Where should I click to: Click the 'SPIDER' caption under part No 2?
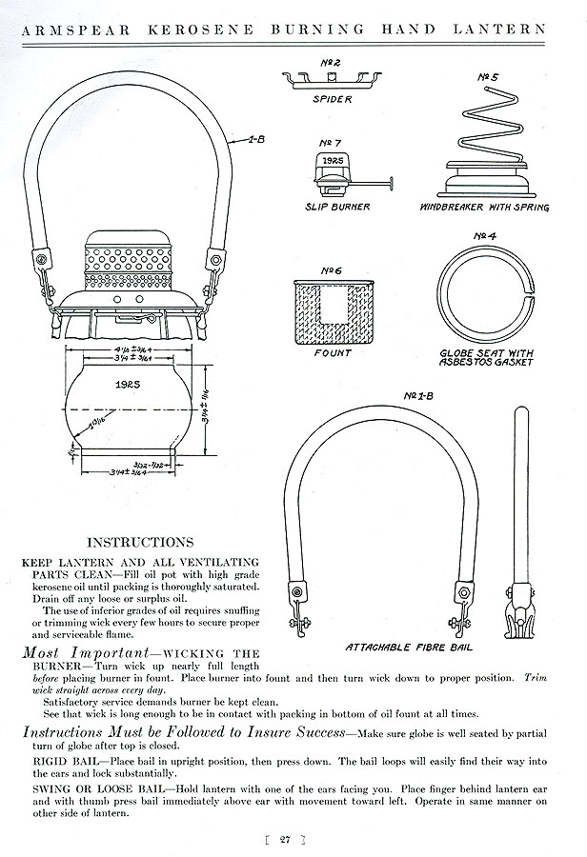coord(331,98)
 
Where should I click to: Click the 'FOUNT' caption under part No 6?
coord(334,352)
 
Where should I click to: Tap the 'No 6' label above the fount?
coord(333,269)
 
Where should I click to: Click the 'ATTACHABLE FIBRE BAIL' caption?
coord(409,648)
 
